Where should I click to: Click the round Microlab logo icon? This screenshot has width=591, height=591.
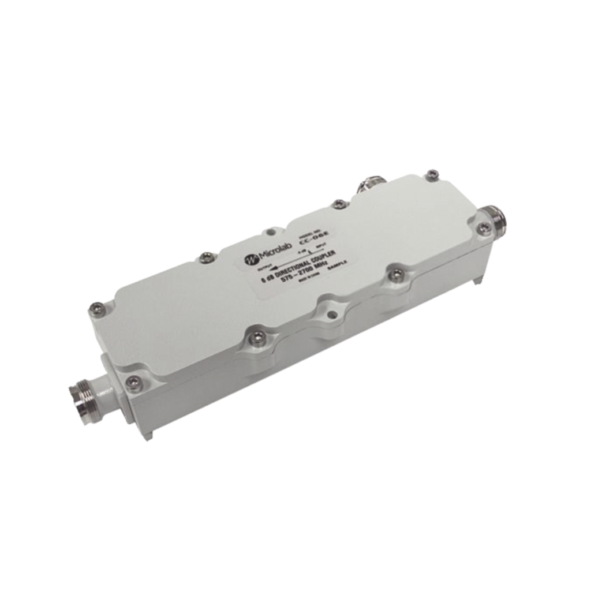[x=250, y=259]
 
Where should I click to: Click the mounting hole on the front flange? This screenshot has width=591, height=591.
[x=333, y=315]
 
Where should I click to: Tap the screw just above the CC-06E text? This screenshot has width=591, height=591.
[x=338, y=203]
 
